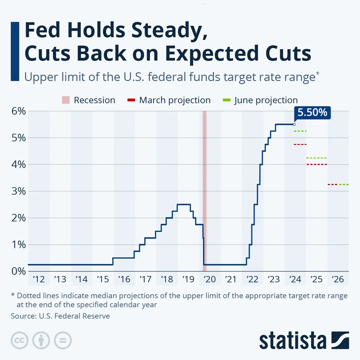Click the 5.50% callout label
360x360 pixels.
(x=312, y=112)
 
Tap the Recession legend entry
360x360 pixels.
(x=88, y=100)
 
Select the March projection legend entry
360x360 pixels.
(x=169, y=100)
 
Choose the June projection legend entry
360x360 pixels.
(x=260, y=100)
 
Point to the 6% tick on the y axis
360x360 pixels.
(x=19, y=111)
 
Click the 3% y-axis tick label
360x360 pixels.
(x=19, y=191)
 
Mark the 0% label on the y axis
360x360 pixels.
(x=19, y=271)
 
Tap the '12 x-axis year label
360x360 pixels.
(x=39, y=279)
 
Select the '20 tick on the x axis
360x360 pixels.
(x=210, y=279)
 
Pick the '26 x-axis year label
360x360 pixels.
(x=338, y=279)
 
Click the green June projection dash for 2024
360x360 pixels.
(x=300, y=131)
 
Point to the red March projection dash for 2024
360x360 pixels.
(x=300, y=145)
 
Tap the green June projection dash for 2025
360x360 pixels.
(x=316, y=158)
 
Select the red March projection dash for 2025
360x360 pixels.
(x=316, y=164)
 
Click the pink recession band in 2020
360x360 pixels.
(x=205, y=180)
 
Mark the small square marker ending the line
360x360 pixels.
(x=294, y=124)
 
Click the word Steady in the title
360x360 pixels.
(x=169, y=31)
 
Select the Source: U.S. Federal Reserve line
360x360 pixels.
(x=60, y=316)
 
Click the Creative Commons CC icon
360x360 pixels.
(x=19, y=340)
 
